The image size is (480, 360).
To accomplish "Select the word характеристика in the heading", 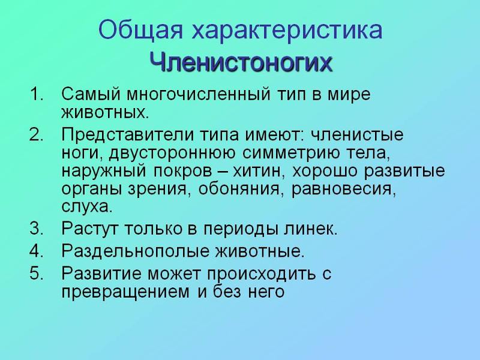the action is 287,29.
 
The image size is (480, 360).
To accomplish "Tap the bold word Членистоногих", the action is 241,62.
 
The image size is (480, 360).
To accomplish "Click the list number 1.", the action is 37,94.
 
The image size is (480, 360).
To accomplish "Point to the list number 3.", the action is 37,228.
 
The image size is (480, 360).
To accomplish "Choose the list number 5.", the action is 37,273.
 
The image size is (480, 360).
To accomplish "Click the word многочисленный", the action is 199,94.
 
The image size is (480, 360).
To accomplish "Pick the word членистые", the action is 357,135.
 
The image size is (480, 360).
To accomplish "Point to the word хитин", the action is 257,171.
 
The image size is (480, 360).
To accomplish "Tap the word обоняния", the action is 239,189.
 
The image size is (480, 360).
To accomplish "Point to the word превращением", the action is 125,292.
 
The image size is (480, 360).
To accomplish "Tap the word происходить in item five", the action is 261,274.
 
